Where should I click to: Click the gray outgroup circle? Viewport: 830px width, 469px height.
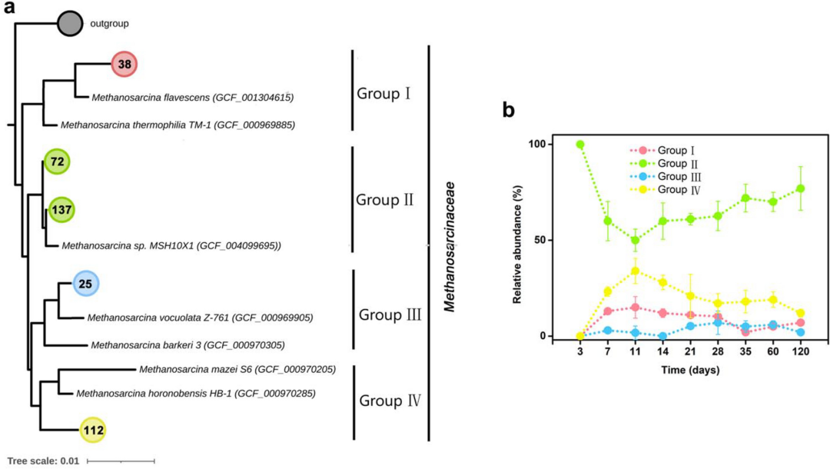[x=70, y=24]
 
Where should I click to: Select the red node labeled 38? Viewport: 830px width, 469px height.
[x=124, y=65]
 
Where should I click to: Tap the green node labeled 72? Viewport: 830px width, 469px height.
[x=56, y=161]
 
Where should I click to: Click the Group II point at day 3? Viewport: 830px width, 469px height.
[x=579, y=145]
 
